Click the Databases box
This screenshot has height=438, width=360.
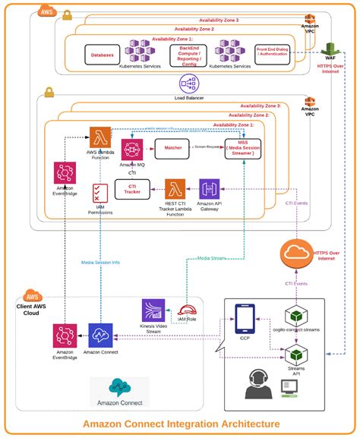click(103, 55)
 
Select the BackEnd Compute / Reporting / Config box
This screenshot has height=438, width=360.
click(189, 55)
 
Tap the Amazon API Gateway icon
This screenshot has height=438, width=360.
click(210, 190)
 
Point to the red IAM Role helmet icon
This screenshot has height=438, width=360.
click(187, 312)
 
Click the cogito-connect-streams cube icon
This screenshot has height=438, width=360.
click(295, 317)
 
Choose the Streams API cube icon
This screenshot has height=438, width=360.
click(295, 354)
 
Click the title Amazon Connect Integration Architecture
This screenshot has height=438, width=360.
click(181, 424)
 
